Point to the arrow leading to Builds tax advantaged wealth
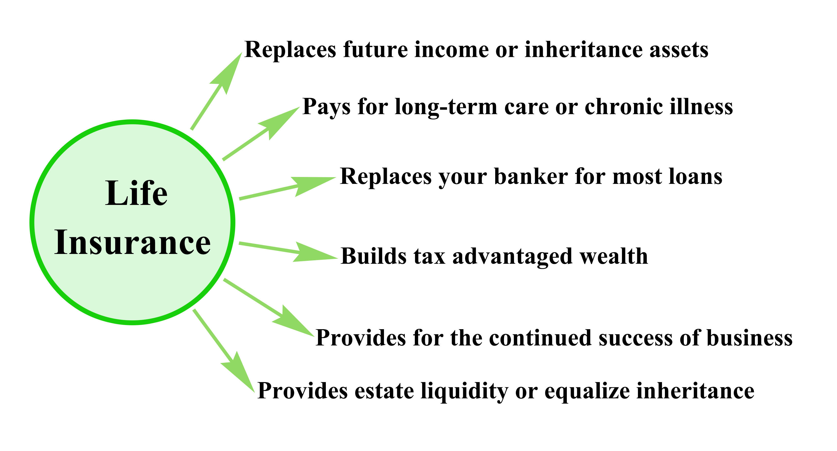point(289,252)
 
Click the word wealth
point(614,256)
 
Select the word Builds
point(374,256)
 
